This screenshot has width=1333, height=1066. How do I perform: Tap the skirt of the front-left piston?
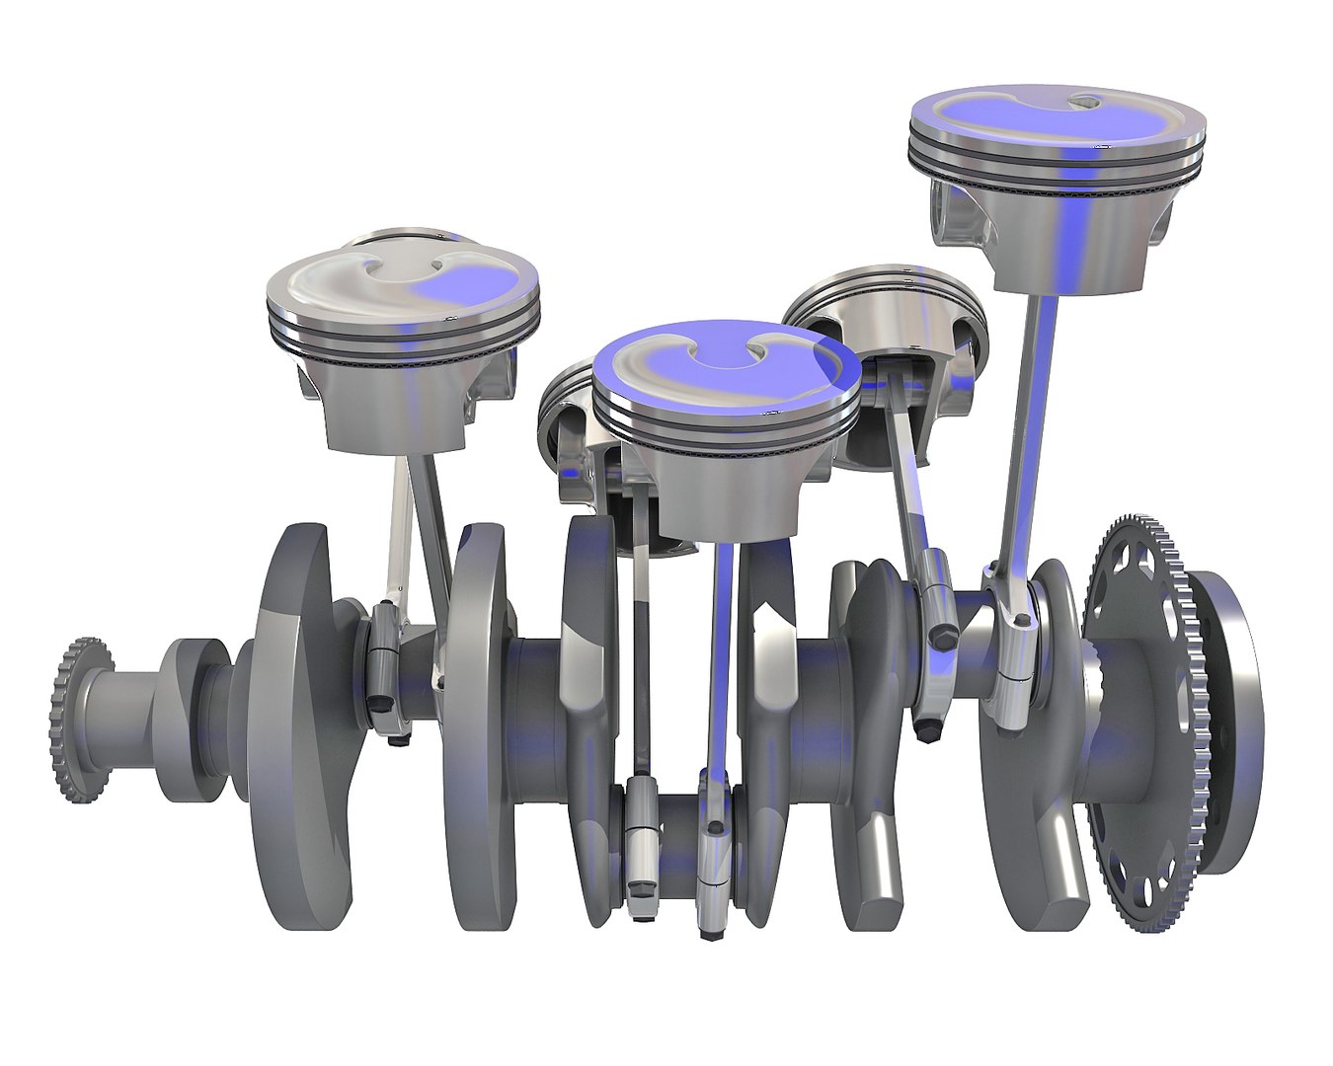coord(395,405)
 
